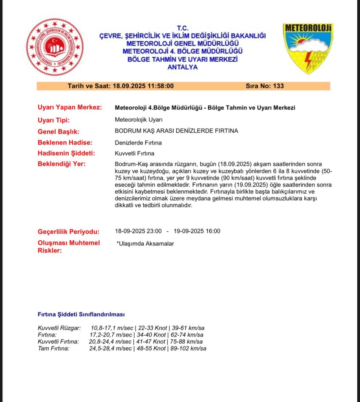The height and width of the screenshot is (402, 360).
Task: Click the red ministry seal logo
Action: click(55, 47)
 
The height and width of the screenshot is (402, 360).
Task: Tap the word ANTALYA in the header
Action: click(182, 67)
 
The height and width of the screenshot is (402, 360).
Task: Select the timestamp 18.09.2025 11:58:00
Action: click(143, 86)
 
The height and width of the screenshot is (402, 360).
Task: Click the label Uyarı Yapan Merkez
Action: click(70, 108)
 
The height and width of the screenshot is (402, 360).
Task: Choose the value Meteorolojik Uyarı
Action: click(139, 120)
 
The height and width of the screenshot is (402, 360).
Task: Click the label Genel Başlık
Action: click(58, 132)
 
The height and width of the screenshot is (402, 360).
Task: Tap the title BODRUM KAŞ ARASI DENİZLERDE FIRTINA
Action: click(176, 131)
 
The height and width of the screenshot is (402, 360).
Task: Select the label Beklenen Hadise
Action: click(65, 143)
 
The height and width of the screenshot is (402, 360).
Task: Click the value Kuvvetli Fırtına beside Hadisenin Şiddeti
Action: click(134, 153)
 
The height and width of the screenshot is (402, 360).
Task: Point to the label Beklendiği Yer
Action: click(61, 164)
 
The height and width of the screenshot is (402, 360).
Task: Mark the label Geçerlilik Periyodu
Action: click(68, 231)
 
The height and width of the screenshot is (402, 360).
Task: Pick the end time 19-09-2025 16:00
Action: click(197, 231)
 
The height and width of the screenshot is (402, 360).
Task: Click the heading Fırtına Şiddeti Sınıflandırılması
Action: click(81, 314)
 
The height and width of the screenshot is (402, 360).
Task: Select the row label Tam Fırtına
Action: click(53, 348)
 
